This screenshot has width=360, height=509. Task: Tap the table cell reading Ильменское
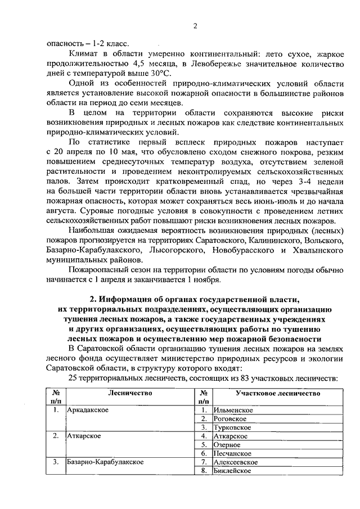(233, 410)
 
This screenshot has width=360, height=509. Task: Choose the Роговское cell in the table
(230, 418)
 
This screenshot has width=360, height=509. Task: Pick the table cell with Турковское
(232, 427)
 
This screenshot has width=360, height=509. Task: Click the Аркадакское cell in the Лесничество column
(88, 410)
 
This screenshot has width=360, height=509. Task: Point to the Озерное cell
(227, 444)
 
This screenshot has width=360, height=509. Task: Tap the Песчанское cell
(231, 453)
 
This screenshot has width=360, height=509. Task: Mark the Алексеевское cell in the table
(236, 462)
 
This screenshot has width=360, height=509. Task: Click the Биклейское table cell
(232, 470)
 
